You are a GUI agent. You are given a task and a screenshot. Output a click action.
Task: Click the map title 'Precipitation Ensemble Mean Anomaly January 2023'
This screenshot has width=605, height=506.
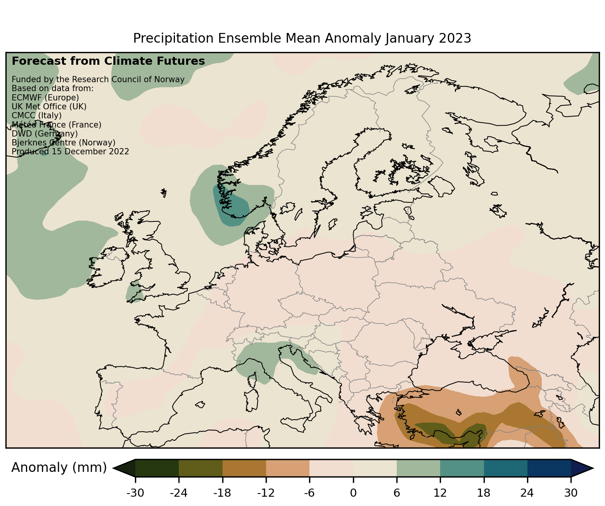(x=302, y=38)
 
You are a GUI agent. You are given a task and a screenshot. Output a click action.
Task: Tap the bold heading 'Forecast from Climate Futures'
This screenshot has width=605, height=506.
(x=108, y=61)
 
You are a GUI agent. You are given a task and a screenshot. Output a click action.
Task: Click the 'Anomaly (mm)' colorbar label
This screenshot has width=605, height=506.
(x=59, y=468)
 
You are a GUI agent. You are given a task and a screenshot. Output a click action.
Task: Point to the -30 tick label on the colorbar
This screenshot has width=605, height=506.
(x=135, y=493)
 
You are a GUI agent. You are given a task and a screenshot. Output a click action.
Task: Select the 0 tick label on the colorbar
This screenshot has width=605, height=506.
(x=353, y=493)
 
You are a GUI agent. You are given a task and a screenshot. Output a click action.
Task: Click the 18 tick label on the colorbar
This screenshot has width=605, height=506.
(x=484, y=493)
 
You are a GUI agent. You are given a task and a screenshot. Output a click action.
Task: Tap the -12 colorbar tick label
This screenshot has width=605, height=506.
(x=266, y=493)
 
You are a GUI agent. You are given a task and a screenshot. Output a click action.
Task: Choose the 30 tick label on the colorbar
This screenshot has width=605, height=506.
(x=570, y=493)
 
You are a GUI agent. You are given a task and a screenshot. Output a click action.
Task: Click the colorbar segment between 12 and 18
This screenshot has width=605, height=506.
(x=462, y=468)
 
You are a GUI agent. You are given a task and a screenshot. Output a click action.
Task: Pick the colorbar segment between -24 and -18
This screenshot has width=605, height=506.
(x=201, y=468)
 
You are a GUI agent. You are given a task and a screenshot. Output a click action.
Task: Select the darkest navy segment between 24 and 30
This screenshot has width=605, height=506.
(x=549, y=468)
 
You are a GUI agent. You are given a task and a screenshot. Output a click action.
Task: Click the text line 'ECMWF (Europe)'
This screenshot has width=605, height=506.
(x=45, y=97)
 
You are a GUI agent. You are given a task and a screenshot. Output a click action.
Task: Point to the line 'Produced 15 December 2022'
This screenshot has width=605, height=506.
(x=70, y=152)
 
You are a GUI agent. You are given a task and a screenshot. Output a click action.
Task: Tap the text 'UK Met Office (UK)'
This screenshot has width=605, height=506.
(x=49, y=106)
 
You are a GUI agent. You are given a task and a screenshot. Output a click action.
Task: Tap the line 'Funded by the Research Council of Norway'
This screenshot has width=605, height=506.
(x=98, y=79)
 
